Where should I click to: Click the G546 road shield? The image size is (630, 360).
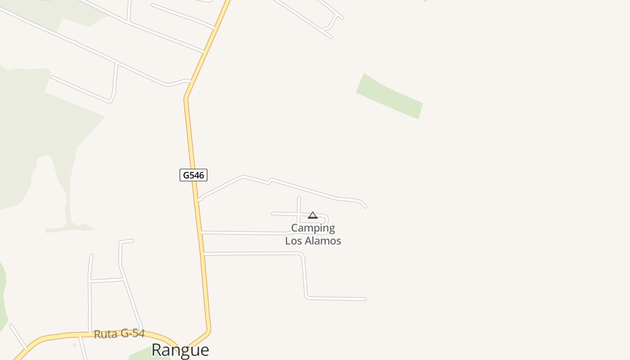193,175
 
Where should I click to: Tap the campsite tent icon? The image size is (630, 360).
313,216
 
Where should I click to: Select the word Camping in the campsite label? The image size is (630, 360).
313,228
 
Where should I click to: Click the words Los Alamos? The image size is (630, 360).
313,241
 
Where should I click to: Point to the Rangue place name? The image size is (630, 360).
180,350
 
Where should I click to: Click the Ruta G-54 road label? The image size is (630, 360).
119,334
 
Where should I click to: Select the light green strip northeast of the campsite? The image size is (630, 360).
389,96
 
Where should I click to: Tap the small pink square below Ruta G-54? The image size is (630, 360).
75,345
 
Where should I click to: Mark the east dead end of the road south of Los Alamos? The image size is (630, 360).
364,299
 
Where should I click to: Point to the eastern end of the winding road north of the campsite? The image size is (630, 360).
365,207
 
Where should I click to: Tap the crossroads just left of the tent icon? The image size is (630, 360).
299,214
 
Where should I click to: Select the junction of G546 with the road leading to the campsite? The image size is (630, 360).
202,232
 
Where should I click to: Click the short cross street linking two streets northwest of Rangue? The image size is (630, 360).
107,280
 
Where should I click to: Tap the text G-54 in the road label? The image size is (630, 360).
132,333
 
